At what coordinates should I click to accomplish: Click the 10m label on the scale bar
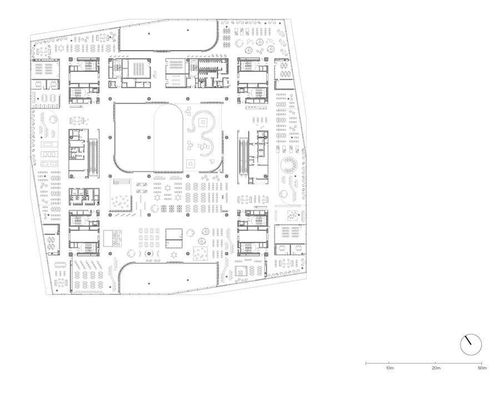point(389,368)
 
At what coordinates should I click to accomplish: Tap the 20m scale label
point(436,368)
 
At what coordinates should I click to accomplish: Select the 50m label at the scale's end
point(482,368)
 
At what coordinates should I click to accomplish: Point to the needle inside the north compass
point(468,340)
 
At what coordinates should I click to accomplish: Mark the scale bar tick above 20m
point(435,362)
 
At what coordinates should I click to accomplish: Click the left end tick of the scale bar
point(366,362)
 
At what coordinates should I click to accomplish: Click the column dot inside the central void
point(148,137)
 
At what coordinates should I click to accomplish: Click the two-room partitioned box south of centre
point(174,239)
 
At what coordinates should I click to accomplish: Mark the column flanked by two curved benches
point(148,254)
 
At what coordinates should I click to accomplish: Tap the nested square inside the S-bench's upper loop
point(203,122)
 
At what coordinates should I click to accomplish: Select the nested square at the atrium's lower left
point(191,164)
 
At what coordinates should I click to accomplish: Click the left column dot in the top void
point(148,33)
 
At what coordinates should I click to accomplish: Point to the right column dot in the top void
point(188,31)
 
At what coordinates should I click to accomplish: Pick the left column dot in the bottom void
point(148,283)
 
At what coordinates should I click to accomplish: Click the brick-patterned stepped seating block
point(113,238)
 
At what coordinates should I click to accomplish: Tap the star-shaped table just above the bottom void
point(174,254)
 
